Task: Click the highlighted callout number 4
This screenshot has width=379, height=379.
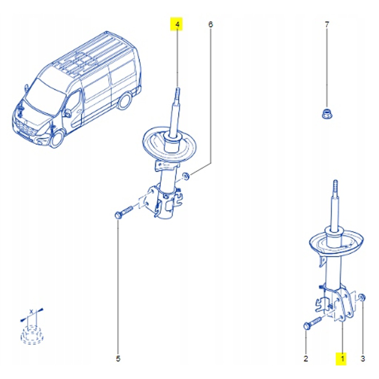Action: click(x=177, y=25)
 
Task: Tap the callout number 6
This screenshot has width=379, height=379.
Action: click(x=210, y=25)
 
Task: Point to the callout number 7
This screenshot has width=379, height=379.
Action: click(x=326, y=25)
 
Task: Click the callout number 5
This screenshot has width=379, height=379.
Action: click(x=118, y=358)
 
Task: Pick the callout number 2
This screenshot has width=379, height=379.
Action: click(x=306, y=358)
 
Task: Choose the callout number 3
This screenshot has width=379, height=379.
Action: click(x=362, y=358)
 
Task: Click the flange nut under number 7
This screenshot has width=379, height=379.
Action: click(x=326, y=113)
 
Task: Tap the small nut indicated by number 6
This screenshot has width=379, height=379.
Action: click(x=187, y=176)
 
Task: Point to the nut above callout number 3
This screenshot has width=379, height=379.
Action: click(x=362, y=298)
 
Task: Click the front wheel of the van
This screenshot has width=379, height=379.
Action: click(x=57, y=139)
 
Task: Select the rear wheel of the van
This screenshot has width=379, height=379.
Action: click(x=125, y=101)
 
